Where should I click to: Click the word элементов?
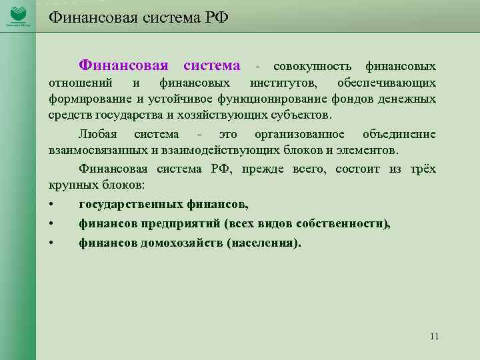(x=367, y=150)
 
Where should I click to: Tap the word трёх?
(x=423, y=169)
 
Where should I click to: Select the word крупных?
(x=71, y=185)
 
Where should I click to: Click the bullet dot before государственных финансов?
(x=51, y=205)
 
